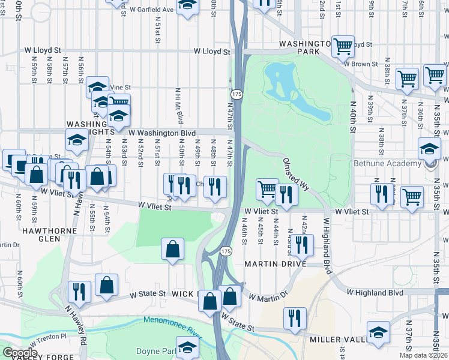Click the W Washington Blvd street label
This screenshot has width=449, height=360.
[161, 132]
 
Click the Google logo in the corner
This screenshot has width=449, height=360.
[20, 353]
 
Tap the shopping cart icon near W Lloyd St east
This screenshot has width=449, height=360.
[343, 46]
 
